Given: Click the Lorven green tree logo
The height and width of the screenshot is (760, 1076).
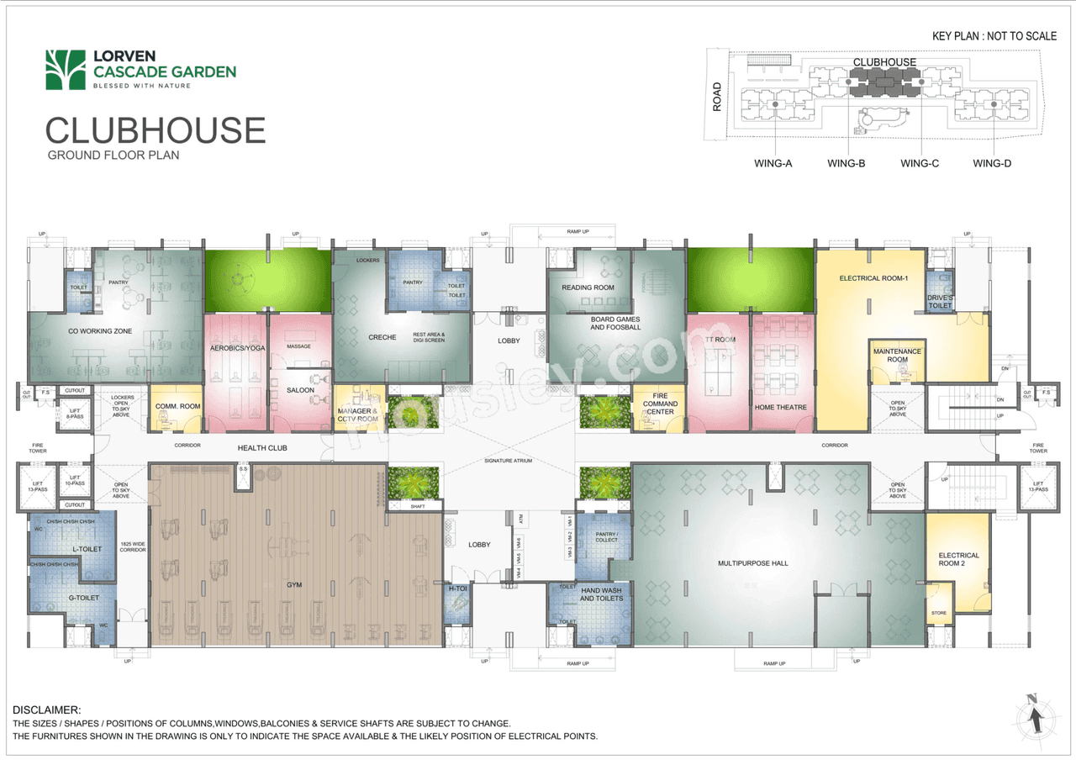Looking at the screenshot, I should point(66,69).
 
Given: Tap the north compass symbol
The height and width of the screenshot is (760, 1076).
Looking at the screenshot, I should point(1036,715).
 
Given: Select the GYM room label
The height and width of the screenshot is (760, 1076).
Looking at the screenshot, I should point(294,583).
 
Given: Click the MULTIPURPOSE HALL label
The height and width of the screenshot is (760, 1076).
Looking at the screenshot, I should point(752,563).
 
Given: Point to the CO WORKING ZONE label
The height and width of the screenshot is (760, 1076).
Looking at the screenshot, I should point(101,331).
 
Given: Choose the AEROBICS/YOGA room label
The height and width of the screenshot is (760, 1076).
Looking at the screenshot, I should point(235,347).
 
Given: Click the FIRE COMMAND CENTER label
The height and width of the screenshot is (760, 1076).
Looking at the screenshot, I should point(660,404).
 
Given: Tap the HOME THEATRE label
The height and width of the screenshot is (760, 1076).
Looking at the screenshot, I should point(780,408).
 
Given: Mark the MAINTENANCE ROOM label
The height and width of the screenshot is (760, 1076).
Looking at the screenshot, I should point(897,355).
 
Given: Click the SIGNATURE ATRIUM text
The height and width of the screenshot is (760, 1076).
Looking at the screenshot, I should point(509,461).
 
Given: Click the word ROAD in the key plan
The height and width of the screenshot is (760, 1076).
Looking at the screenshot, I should point(716,97).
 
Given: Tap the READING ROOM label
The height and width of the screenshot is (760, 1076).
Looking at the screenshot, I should point(588,288).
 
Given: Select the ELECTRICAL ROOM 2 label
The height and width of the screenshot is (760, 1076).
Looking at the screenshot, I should point(958,559).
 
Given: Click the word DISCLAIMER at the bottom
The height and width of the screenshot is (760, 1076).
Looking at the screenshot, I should point(47,710).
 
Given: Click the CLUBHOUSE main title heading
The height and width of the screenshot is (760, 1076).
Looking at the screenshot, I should point(156,130).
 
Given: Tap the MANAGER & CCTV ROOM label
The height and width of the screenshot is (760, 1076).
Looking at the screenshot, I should point(357,414).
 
